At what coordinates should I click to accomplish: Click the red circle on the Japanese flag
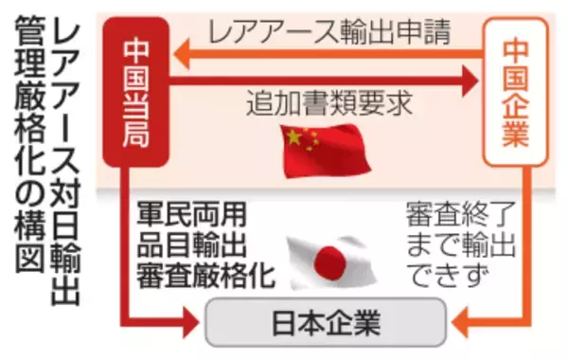point(330,258)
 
